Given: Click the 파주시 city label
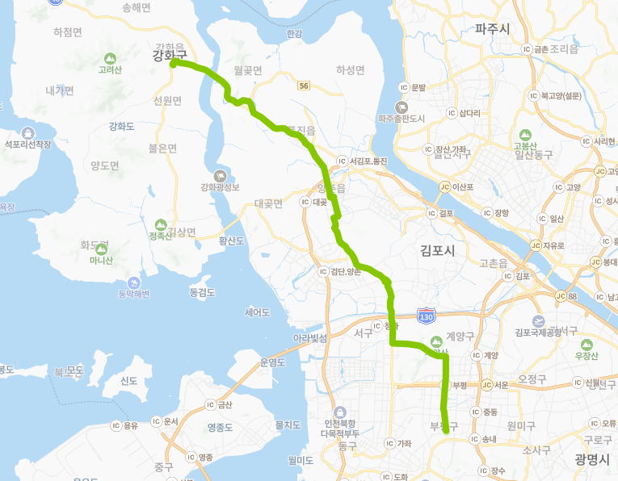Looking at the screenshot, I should (492, 29).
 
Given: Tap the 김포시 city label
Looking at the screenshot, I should (438, 251).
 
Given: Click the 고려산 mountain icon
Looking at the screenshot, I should (110, 58).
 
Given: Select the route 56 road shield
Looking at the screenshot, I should (303, 86).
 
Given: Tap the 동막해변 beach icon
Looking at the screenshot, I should (134, 282).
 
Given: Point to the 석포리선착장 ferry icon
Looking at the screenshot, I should (28, 133).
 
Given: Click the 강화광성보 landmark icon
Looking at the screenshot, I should (221, 175).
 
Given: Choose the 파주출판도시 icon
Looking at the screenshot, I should (401, 107).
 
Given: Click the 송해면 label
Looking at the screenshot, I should (136, 7).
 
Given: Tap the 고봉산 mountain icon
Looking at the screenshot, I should (525, 135).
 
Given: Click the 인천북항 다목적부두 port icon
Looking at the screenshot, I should (339, 412).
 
